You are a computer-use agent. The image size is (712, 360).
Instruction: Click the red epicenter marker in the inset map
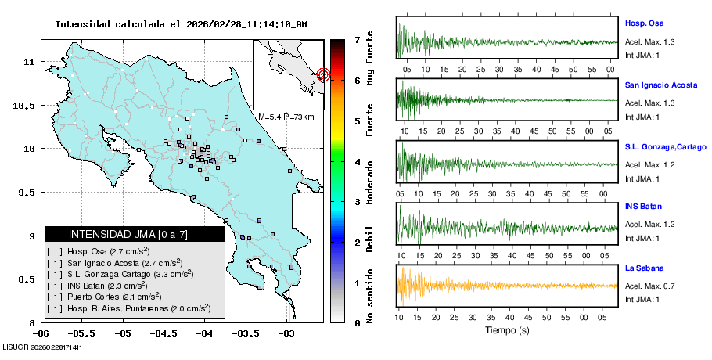click(324, 75)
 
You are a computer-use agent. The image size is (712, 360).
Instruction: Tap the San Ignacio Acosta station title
click(660, 84)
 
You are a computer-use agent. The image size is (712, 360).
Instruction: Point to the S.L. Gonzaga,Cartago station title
click(665, 146)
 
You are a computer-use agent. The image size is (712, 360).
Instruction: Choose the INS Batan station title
click(643, 207)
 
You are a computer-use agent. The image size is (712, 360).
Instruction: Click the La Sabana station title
click(643, 268)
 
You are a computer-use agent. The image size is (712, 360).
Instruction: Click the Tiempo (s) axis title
click(507, 330)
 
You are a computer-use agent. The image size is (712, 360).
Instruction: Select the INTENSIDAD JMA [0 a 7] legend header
click(128, 234)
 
